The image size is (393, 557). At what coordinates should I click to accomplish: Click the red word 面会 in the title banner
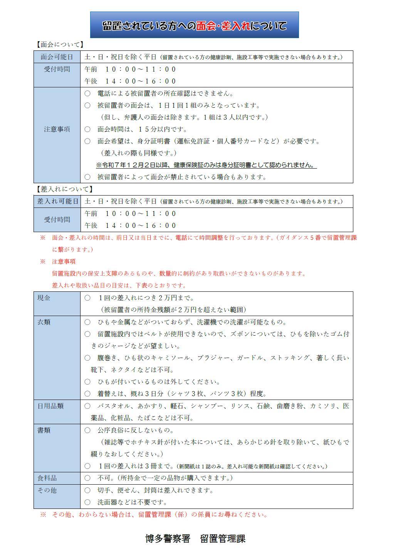point(205,26)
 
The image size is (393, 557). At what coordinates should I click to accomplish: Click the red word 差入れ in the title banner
point(235,26)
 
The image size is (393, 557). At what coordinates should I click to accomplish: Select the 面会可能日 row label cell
point(57,57)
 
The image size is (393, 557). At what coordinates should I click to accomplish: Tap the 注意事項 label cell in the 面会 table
point(57,129)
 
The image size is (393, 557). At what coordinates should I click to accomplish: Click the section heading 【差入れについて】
point(64,189)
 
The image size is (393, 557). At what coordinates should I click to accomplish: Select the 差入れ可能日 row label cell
point(57,201)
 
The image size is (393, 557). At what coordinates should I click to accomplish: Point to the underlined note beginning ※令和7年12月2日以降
point(206,165)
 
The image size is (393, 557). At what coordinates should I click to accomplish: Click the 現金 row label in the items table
point(44,298)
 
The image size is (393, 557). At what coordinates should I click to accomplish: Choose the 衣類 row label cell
point(44,322)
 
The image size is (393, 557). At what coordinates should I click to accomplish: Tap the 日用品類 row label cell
point(50,406)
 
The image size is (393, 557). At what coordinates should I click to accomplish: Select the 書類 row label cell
point(44,430)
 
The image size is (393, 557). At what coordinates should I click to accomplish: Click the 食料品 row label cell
point(47,478)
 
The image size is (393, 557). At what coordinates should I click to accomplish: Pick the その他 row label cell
point(47,490)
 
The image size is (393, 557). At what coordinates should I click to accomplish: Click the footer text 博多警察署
point(168,539)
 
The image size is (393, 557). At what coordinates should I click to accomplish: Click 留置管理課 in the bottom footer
point(223,539)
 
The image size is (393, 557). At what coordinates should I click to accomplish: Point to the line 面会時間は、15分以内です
point(142,129)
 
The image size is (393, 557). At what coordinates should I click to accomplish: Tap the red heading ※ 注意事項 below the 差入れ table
point(58,261)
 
